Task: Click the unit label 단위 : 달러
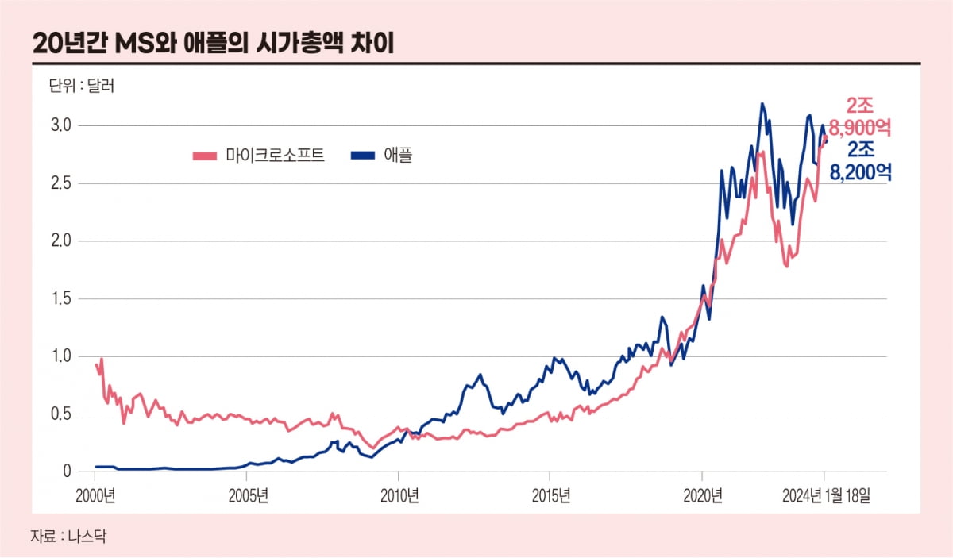[83, 86]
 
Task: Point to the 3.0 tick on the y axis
[63, 125]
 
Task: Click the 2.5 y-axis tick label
[63, 183]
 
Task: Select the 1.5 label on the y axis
[63, 298]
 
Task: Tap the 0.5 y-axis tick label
[63, 414]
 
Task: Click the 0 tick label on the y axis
[68, 471]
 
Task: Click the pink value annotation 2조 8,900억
[860, 116]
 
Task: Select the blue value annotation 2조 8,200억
[860, 161]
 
